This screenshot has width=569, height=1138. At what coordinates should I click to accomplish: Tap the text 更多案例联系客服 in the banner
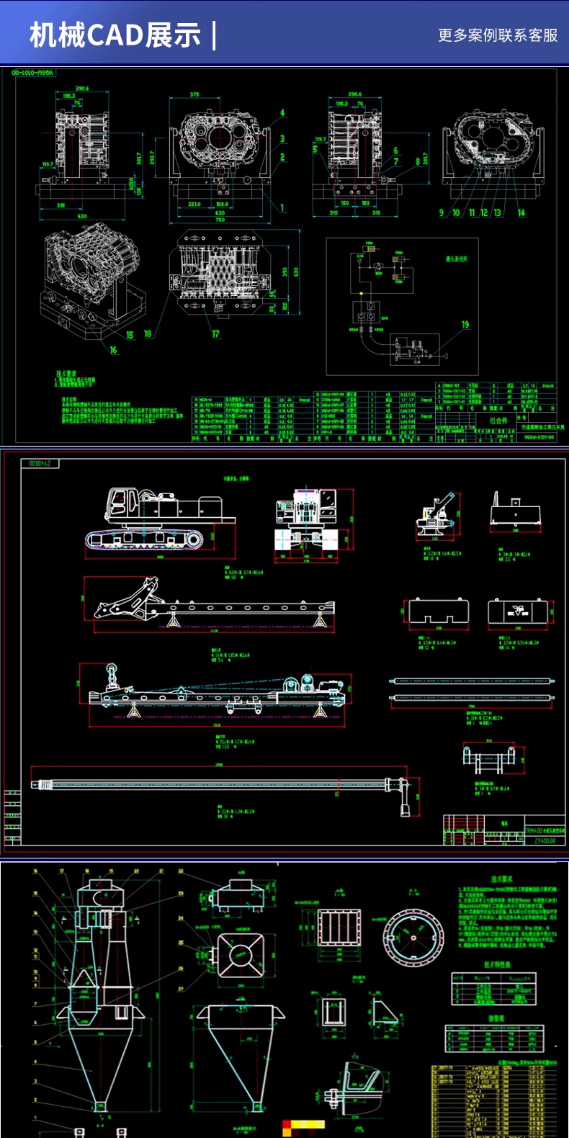click(497, 35)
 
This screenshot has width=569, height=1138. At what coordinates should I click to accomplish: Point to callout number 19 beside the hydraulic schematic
click(465, 325)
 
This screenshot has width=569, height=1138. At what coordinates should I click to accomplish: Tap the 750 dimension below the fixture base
click(220, 220)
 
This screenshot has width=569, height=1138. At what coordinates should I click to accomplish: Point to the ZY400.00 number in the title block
click(545, 841)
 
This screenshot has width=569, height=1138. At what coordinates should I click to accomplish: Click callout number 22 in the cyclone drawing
click(181, 871)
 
